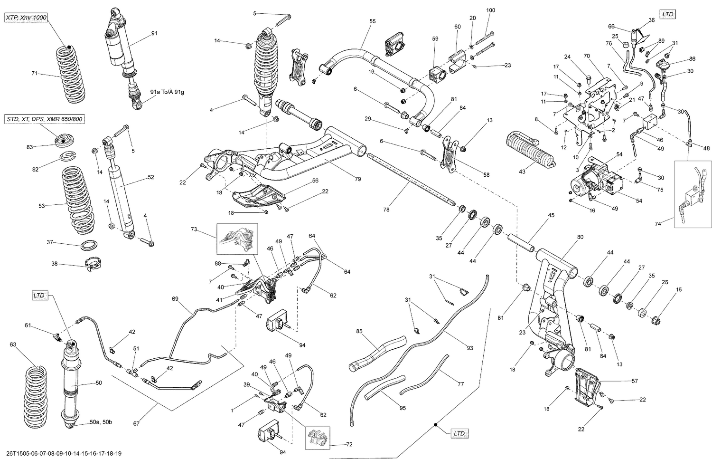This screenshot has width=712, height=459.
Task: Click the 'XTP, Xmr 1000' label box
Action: point(27,18)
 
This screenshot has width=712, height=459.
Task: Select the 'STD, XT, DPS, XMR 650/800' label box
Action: point(46,119)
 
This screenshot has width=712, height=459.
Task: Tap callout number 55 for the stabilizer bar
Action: point(372,21)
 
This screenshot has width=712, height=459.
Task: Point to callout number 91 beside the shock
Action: point(154,33)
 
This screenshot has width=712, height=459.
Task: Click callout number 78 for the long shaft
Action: point(386,209)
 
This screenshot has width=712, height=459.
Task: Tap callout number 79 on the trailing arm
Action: point(357,179)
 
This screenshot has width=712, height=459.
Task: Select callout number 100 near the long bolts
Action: point(490,10)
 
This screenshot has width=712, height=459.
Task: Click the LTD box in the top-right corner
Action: point(668,14)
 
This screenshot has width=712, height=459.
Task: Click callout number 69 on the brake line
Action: point(175,299)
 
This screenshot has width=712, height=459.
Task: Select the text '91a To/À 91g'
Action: point(167,92)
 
